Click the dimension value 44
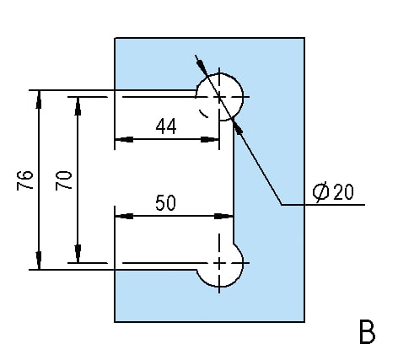[x=166, y=126]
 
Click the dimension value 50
[x=165, y=202]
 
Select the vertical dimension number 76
[x=25, y=180]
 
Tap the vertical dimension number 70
[x=63, y=180]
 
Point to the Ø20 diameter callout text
[x=333, y=192]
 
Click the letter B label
[x=367, y=332]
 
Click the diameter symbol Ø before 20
[x=320, y=192]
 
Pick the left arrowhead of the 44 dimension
[x=124, y=139]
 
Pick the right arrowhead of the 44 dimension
[x=210, y=139]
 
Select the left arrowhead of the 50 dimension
[x=124, y=216]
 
